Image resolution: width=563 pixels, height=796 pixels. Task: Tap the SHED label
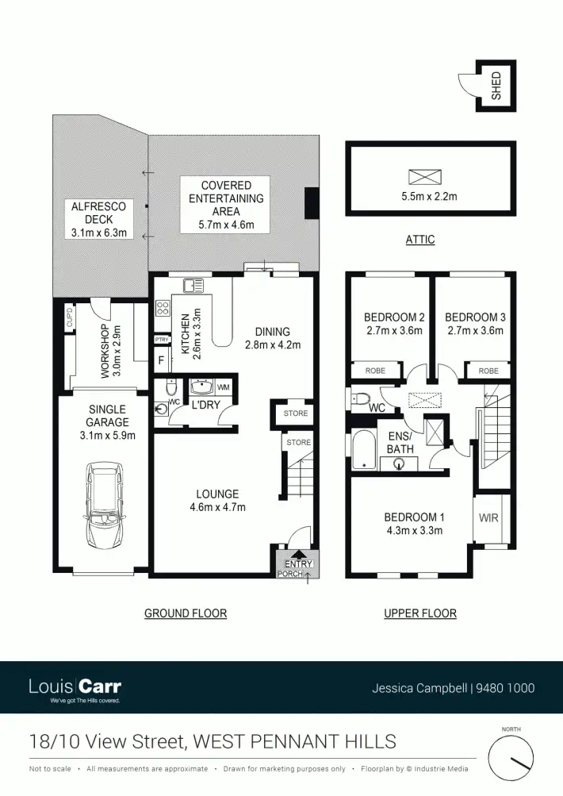[497, 85]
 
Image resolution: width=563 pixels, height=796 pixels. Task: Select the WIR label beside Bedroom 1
[489, 517]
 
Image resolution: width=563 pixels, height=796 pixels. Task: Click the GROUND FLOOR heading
[186, 613]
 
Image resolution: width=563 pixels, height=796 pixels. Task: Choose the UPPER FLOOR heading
[419, 613]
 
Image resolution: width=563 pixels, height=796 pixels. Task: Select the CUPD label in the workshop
[70, 321]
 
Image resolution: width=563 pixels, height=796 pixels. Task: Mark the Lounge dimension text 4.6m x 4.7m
[217, 508]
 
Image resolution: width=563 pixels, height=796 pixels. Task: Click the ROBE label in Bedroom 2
[375, 371]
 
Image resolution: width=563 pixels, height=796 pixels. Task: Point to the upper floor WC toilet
[360, 398]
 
